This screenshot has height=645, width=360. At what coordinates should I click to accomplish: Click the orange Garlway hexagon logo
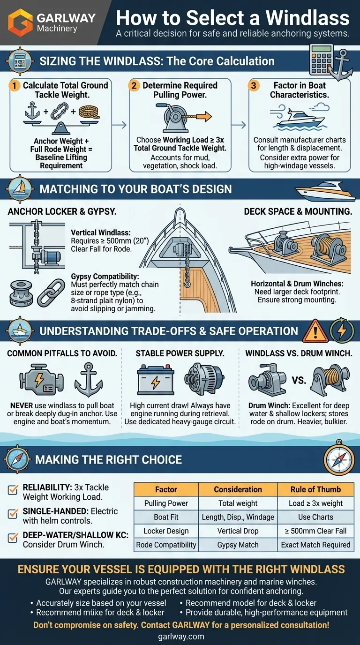pyautogui.click(x=20, y=23)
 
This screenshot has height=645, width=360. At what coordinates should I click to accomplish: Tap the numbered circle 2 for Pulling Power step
pyautogui.click(x=134, y=85)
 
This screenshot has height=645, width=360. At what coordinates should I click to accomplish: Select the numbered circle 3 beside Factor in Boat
pyautogui.click(x=254, y=85)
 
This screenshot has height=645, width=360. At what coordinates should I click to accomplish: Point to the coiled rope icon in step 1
pyautogui.click(x=89, y=112)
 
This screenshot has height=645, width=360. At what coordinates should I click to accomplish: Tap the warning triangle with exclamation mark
pyautogui.click(x=315, y=331)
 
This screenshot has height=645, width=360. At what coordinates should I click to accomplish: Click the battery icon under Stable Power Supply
pyautogui.click(x=156, y=380)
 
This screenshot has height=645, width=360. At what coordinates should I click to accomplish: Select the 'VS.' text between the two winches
pyautogui.click(x=299, y=380)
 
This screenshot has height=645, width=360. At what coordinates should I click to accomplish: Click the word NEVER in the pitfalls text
pyautogui.click(x=22, y=405)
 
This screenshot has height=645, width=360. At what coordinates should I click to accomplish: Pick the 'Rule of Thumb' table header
pyautogui.click(x=315, y=489)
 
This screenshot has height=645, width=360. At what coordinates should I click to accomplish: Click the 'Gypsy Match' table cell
pyautogui.click(x=238, y=545)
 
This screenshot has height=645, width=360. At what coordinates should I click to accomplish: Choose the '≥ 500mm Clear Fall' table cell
pyautogui.click(x=315, y=531)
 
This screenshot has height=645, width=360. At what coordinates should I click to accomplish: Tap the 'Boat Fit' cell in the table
pyautogui.click(x=166, y=517)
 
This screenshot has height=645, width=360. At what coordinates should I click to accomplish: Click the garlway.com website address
pyautogui.click(x=181, y=637)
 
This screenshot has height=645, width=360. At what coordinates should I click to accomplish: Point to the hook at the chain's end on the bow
pyautogui.click(x=187, y=283)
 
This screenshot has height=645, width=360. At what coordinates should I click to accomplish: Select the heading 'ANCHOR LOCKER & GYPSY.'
pyautogui.click(x=62, y=212)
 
